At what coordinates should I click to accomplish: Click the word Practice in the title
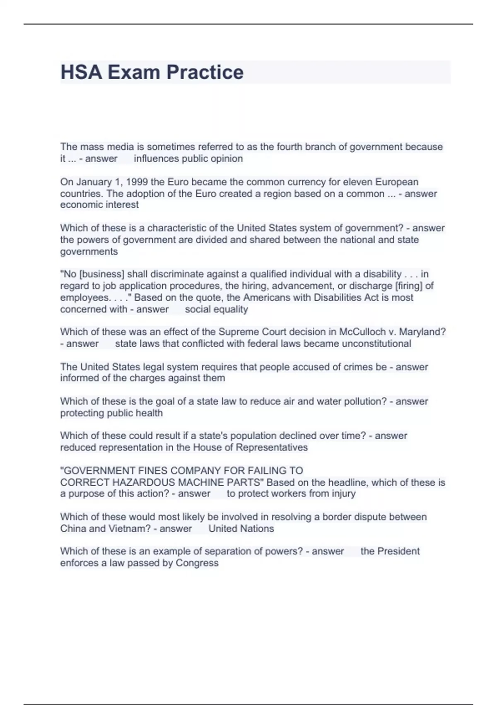click(205, 72)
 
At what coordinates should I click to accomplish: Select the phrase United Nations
click(241, 529)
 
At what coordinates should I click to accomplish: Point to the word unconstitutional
click(376, 343)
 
